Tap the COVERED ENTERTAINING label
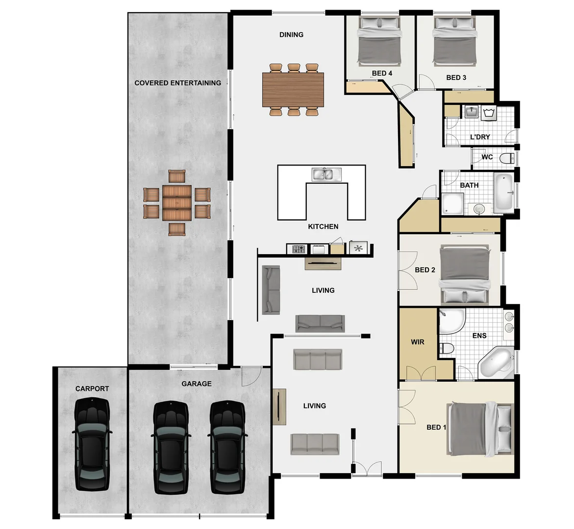pyautogui.click(x=177, y=83)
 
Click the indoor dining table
pyautogui.click(x=293, y=89)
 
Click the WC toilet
pyautogui.click(x=508, y=158)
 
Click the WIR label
pyautogui.click(x=417, y=342)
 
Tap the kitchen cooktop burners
pyautogui.click(x=299, y=249)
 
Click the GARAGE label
pyautogui.click(x=197, y=384)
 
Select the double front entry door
pyautogui.click(x=367, y=468)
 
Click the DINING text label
pyautogui.click(x=291, y=35)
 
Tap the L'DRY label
pyautogui.click(x=479, y=137)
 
